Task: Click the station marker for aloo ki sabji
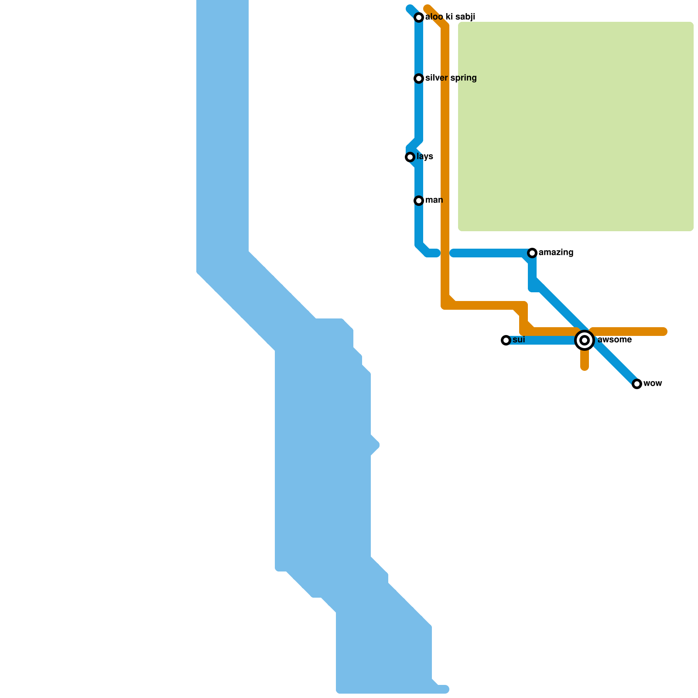[x=419, y=17]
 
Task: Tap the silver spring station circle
[x=419, y=79]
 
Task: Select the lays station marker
[x=410, y=157]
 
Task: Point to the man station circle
[x=419, y=201]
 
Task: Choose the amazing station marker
[x=532, y=253]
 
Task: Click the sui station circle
[x=506, y=340]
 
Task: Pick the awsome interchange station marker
[x=585, y=340]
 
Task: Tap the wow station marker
[x=637, y=384]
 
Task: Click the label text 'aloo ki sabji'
[x=450, y=17]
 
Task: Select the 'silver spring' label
[x=451, y=78]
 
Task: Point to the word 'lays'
[x=424, y=157]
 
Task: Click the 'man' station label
[x=434, y=200]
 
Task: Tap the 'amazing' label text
[x=556, y=253]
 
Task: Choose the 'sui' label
[x=519, y=340]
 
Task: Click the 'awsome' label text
[x=614, y=340]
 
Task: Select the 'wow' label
[x=653, y=383]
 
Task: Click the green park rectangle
[x=576, y=127]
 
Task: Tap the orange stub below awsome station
[x=585, y=361]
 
